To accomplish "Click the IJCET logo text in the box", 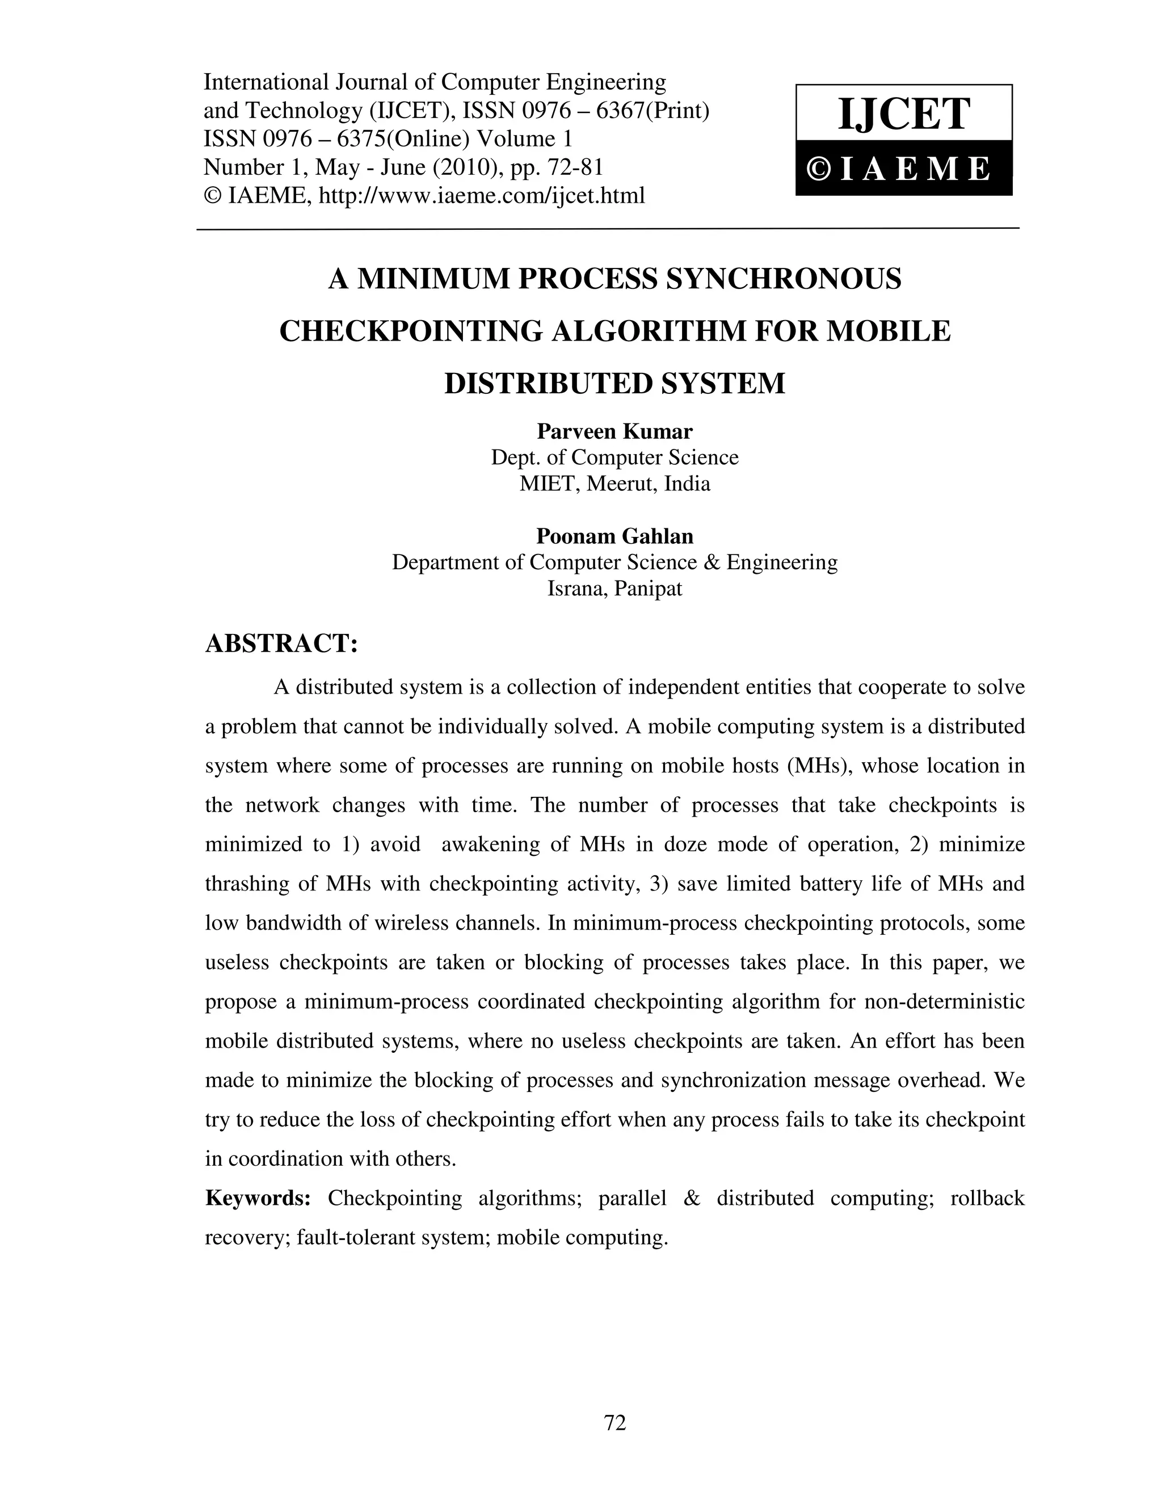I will point(903,114).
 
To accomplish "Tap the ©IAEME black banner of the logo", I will point(903,169).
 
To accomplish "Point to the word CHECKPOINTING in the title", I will point(410,331).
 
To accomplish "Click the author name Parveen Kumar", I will point(614,432).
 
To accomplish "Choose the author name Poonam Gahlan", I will point(614,536).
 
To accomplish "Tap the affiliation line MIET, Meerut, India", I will point(614,484).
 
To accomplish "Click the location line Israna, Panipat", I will point(614,589).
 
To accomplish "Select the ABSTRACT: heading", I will point(281,643).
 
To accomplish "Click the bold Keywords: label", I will point(258,1198).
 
